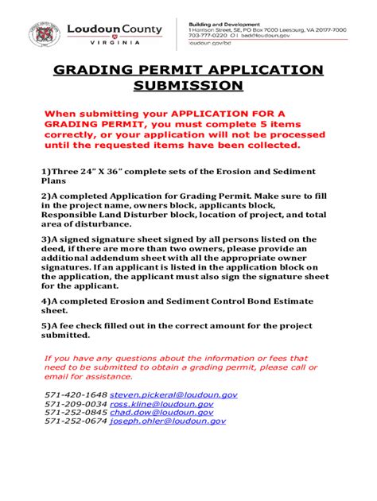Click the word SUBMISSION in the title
(x=188, y=84)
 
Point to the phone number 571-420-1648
(x=76, y=394)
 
